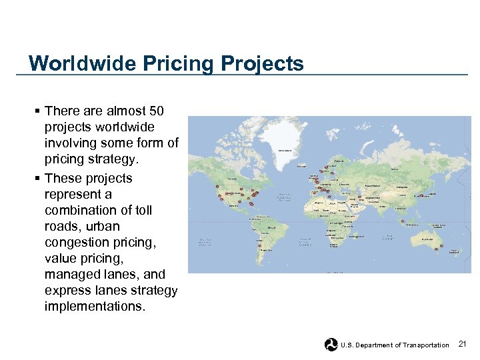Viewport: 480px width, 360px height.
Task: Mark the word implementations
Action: (95, 306)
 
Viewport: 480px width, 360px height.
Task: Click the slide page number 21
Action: (463, 344)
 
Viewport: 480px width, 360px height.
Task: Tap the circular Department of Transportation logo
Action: (331, 345)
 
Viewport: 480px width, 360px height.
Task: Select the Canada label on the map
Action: (233, 179)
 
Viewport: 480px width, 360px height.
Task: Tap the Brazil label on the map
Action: (273, 227)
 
